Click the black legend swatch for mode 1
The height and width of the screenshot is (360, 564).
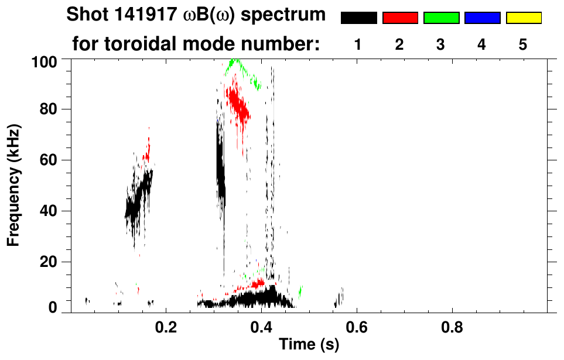click(358, 18)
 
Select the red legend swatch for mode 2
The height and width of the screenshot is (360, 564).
click(400, 18)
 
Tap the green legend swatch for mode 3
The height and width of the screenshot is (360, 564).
click(441, 18)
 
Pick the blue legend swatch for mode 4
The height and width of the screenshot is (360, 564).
click(482, 18)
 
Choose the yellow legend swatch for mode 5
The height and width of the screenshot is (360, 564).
click(524, 18)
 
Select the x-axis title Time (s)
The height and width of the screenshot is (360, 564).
click(309, 345)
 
